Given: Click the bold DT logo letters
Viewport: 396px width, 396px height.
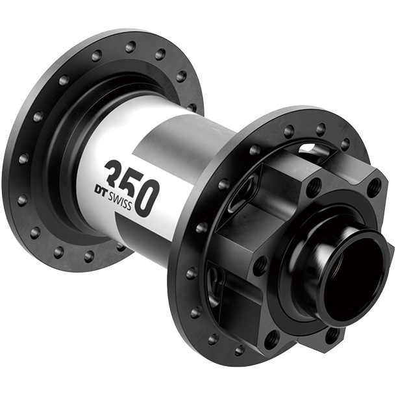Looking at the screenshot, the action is (x=101, y=190).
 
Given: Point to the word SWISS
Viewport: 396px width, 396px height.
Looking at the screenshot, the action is (x=119, y=200).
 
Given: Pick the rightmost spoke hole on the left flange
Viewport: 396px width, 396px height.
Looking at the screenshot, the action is (x=192, y=107).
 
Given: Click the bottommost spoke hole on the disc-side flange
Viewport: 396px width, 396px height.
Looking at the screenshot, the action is (x=240, y=350).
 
